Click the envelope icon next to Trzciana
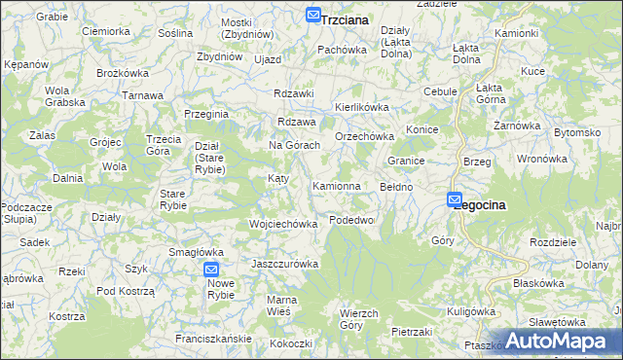point(312,15)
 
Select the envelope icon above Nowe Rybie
point(212,270)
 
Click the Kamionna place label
point(337,185)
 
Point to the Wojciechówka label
point(284,224)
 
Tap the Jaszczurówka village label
point(285,264)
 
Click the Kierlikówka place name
point(362,107)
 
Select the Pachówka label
point(342,49)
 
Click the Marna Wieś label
point(282,305)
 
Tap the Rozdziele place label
point(556,242)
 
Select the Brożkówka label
point(122,73)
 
